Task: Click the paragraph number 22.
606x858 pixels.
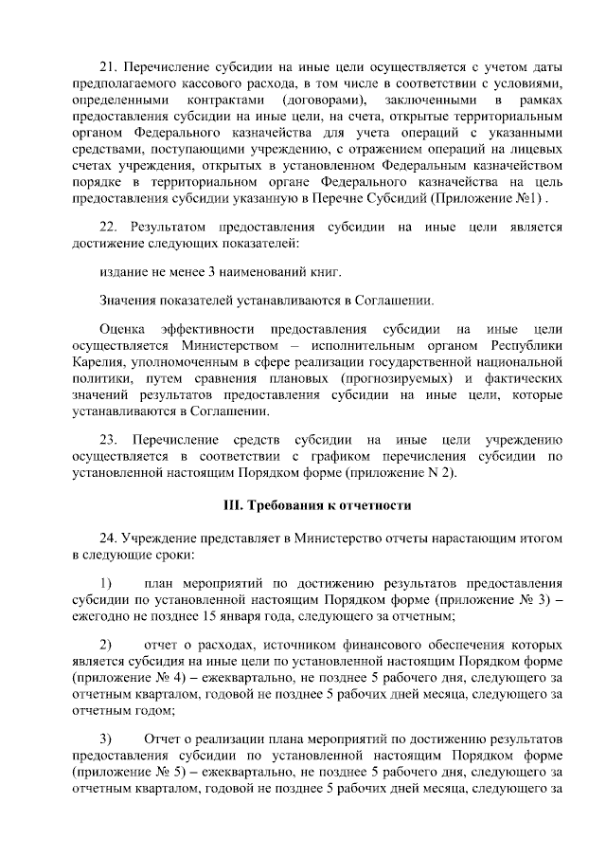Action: click(x=107, y=228)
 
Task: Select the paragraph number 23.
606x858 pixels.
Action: click(x=107, y=440)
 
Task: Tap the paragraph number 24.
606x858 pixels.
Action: click(x=107, y=538)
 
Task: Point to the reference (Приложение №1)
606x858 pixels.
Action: click(x=487, y=201)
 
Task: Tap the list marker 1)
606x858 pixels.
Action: click(x=107, y=581)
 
